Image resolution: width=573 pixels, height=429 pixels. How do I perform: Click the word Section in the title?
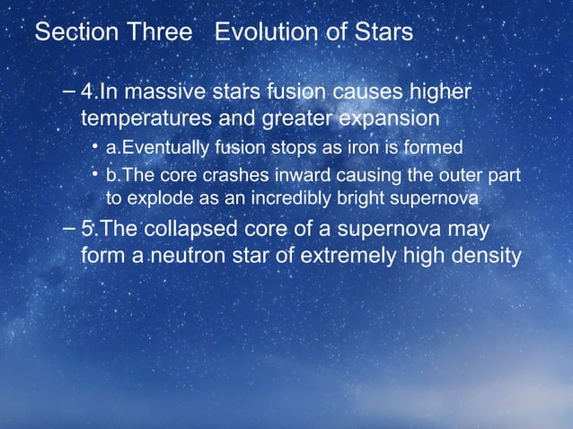[x=72, y=33]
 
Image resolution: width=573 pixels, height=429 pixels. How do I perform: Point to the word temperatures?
[x=144, y=118]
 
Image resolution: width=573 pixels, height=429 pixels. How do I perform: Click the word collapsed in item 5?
[x=202, y=229]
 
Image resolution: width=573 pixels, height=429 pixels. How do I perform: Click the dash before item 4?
[x=71, y=92]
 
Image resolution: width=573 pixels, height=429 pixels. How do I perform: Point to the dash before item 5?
[x=71, y=229]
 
